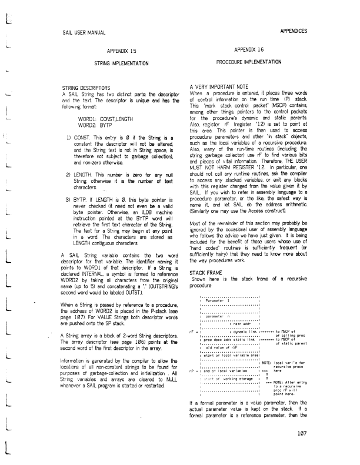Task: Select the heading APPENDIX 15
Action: point(124,51)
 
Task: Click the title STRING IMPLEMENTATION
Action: point(124,62)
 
